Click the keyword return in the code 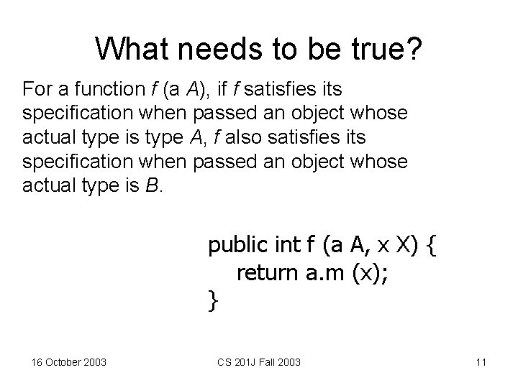pyautogui.click(x=268, y=272)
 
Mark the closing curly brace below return pyautogui.click(x=212, y=300)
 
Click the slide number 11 pyautogui.click(x=481, y=361)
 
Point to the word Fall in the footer pyautogui.click(x=277, y=361)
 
